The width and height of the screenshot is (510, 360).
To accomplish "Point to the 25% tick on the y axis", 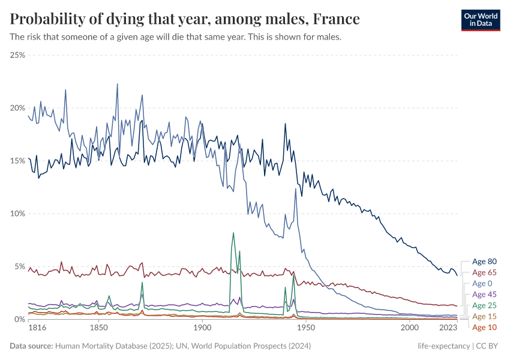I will (x=17, y=55).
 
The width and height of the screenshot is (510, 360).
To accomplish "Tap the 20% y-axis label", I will (x=17, y=108).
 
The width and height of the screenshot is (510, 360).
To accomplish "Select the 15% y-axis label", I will (x=17, y=161).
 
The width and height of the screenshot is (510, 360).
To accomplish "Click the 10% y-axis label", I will (x=17, y=214).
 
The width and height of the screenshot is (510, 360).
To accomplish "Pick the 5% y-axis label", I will (x=19, y=266).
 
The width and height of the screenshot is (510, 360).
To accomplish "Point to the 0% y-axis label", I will (x=19, y=319).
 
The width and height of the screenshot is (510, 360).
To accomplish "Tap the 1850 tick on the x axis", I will (x=98, y=329).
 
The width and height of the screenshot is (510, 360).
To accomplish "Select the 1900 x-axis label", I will (x=202, y=329).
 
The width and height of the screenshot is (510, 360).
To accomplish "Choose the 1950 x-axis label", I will (x=306, y=329).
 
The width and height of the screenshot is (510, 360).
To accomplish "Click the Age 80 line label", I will (x=484, y=262).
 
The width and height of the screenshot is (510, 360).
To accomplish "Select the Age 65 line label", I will (x=484, y=272).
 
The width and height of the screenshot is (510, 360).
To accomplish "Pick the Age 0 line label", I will (x=482, y=283).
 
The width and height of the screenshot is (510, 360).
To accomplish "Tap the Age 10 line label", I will (x=484, y=327).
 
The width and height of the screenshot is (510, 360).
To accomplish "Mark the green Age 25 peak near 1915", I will (x=233, y=233).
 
